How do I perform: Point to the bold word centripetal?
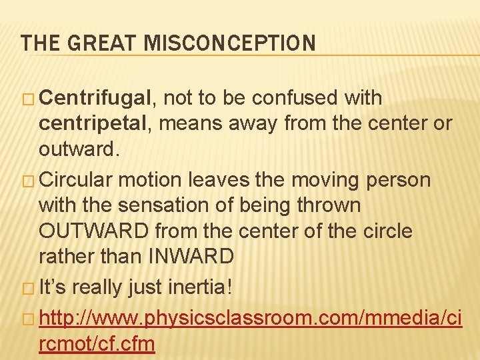96,123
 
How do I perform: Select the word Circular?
76,180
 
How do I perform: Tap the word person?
399,180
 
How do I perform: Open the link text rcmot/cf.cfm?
97,345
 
